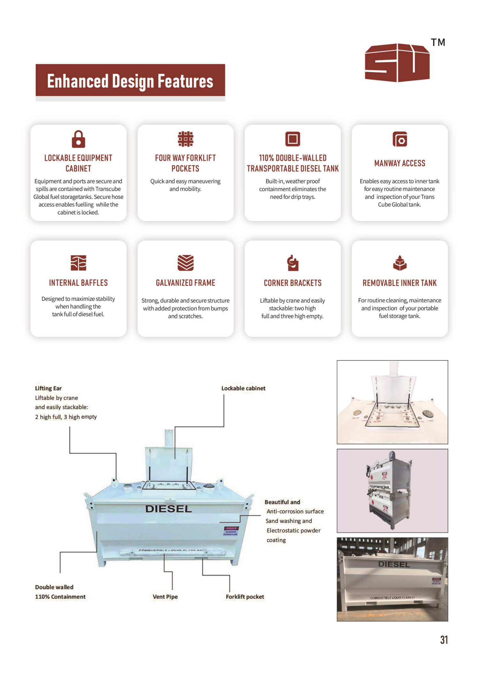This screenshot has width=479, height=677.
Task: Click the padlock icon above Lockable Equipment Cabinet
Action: [78, 139]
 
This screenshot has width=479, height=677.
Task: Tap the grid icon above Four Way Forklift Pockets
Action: [186, 139]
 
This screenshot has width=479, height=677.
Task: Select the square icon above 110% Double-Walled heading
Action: [293, 139]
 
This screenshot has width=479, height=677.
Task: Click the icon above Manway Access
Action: [400, 139]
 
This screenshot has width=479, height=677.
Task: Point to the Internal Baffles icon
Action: [78, 263]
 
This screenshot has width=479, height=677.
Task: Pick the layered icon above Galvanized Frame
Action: [186, 263]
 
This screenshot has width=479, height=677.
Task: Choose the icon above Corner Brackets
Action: [293, 263]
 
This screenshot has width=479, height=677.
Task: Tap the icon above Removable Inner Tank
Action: [400, 263]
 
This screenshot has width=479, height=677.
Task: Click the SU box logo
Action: [397, 63]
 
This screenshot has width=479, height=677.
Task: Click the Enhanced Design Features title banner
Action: [130, 80]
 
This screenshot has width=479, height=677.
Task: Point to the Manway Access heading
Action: [400, 163]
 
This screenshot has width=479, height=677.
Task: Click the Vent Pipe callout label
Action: [165, 597]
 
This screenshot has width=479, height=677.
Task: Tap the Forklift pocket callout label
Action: [245, 597]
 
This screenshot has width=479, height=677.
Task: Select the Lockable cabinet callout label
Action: [243, 388]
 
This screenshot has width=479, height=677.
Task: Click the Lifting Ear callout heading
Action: [48, 388]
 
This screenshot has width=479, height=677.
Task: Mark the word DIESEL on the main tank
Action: [169, 509]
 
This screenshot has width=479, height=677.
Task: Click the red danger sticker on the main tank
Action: [231, 531]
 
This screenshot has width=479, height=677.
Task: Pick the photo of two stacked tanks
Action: [392, 491]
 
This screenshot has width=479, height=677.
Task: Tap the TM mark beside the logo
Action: [438, 42]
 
